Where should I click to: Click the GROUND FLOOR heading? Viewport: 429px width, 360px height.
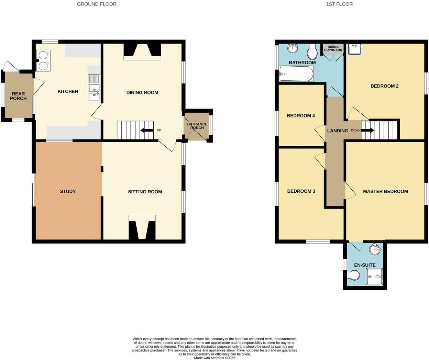pyautogui.click(x=97, y=4)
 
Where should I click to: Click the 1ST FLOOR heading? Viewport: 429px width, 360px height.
pyautogui.click(x=339, y=4)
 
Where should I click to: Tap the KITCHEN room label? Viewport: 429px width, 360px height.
pyautogui.click(x=68, y=91)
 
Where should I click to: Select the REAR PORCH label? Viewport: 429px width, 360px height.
pyautogui.click(x=18, y=96)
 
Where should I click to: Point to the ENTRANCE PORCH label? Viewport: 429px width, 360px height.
pyautogui.click(x=197, y=126)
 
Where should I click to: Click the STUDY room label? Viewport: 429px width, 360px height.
pyautogui.click(x=68, y=191)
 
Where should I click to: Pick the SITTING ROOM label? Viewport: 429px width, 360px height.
pyautogui.click(x=145, y=192)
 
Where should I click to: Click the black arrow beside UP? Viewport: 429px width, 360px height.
pyautogui.click(x=147, y=131)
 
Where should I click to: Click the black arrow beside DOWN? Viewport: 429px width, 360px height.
pyautogui.click(x=367, y=131)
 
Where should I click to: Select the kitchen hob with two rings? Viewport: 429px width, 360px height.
pyautogui.click(x=43, y=60)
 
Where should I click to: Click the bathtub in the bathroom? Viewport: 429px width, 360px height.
pyautogui.click(x=296, y=74)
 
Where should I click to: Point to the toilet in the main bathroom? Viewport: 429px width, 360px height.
pyautogui.click(x=312, y=52)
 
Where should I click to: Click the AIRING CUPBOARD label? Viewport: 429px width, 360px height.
pyautogui.click(x=333, y=48)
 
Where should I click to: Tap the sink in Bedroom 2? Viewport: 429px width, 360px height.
pyautogui.click(x=354, y=50)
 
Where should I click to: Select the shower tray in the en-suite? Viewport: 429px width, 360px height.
pyautogui.click(x=374, y=277)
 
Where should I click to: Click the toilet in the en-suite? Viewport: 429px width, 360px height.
pyautogui.click(x=353, y=275)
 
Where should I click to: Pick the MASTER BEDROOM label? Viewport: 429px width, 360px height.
pyautogui.click(x=385, y=191)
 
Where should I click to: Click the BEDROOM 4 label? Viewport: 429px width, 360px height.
pyautogui.click(x=301, y=116)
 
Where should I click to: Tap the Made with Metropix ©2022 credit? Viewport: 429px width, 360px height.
pyautogui.click(x=214, y=358)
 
